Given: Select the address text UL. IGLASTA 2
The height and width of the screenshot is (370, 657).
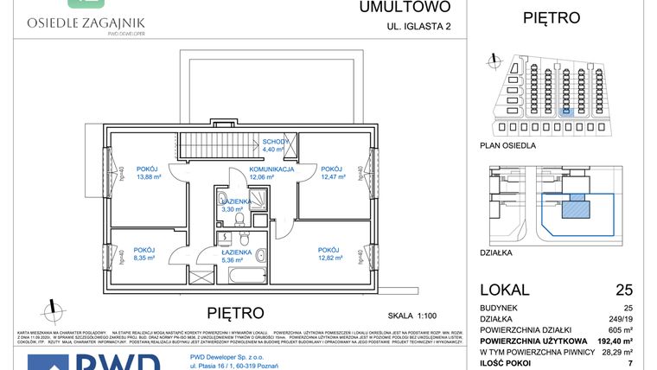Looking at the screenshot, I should pyautogui.click(x=418, y=27).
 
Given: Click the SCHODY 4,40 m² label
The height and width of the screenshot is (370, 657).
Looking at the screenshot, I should pyautogui.click(x=274, y=145).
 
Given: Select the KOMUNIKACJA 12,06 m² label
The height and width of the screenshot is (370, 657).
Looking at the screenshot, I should pyautogui.click(x=272, y=173).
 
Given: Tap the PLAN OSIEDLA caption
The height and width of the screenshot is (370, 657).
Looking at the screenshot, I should pyautogui.click(x=507, y=145).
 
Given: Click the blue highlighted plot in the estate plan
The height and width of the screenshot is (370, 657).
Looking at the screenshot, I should pyautogui.click(x=567, y=111).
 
